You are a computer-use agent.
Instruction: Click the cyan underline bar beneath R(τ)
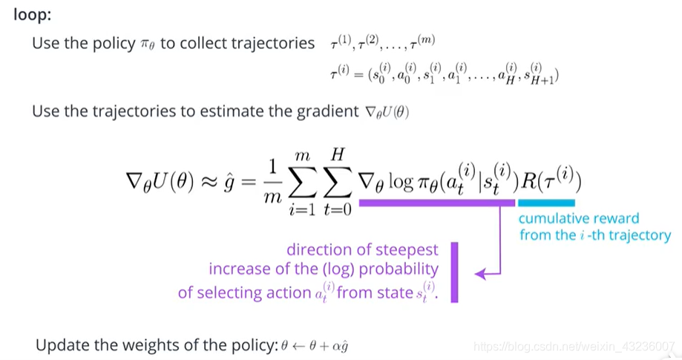[546, 201]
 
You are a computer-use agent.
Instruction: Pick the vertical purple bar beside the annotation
[454, 271]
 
